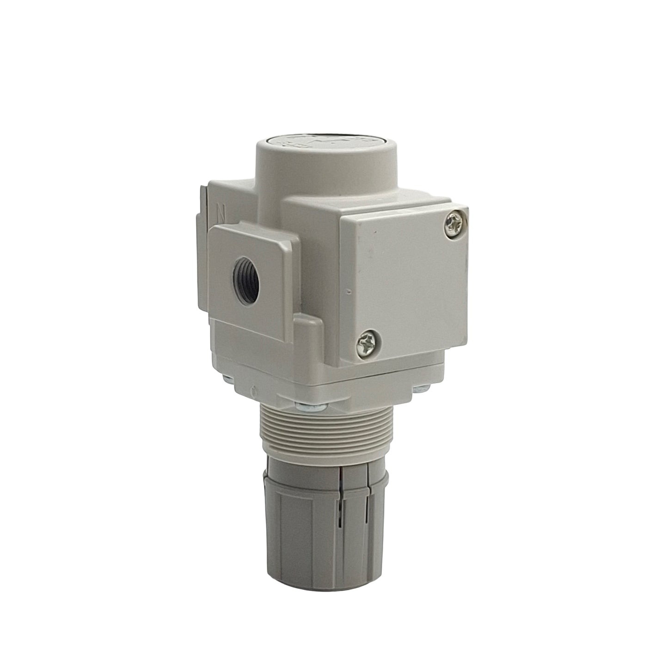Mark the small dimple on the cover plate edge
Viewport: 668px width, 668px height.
point(346,292)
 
